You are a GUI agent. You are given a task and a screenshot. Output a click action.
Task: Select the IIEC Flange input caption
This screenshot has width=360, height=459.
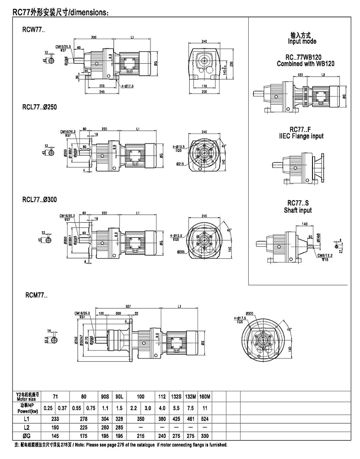[301, 136]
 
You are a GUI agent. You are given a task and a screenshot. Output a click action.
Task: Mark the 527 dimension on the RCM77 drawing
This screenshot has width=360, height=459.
[128, 306]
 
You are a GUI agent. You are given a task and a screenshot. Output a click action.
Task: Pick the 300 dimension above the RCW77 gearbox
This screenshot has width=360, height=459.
[94, 36]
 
